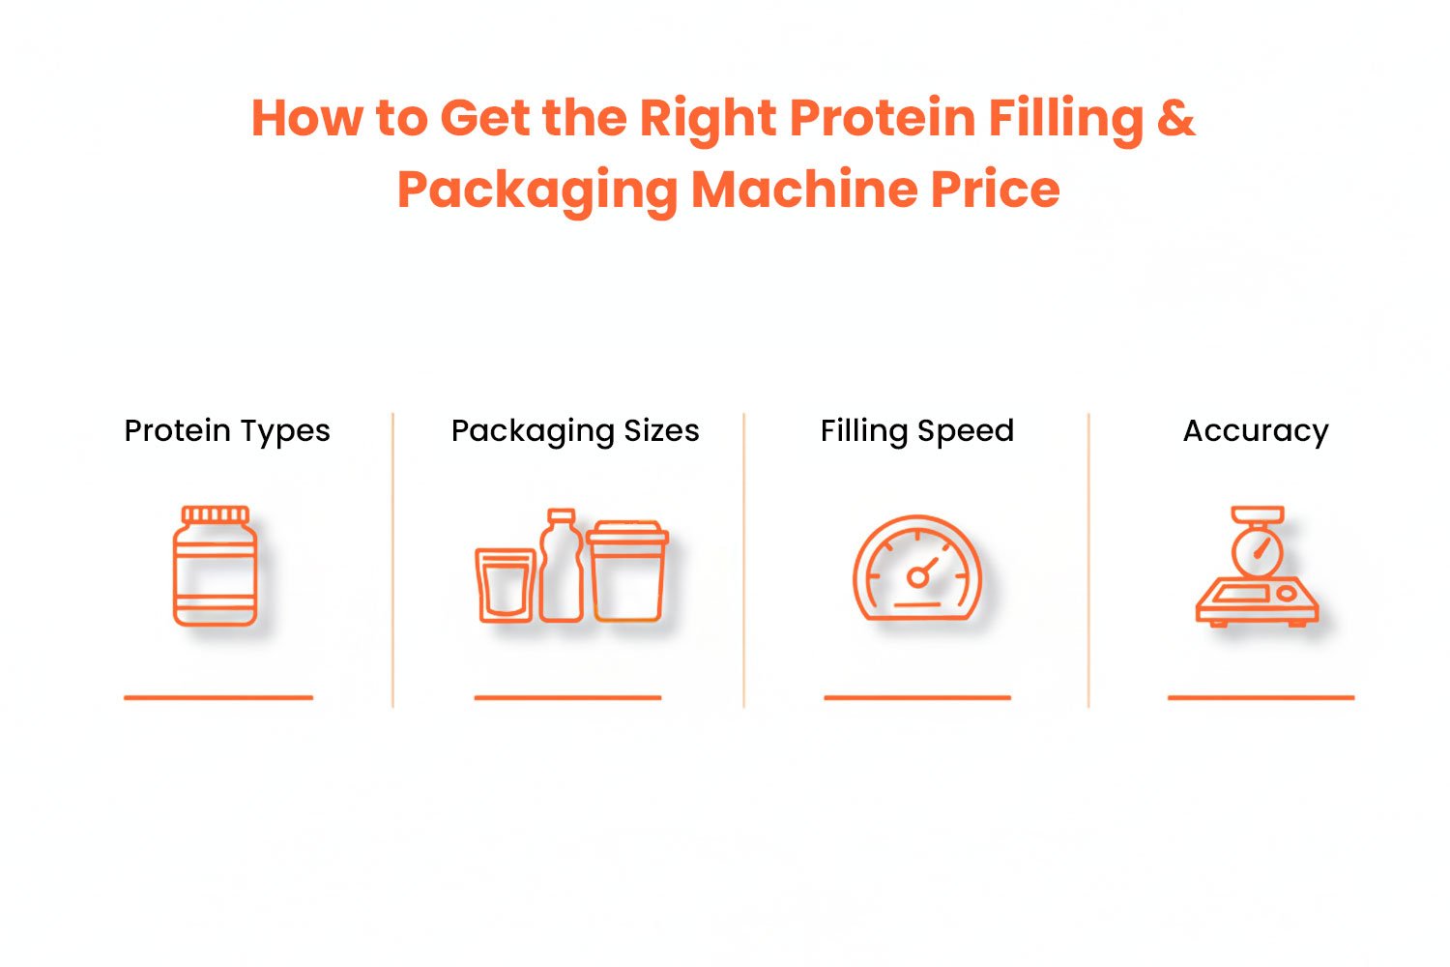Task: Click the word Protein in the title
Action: click(x=883, y=118)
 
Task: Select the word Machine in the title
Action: click(x=804, y=190)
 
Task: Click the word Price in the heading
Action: click(x=995, y=190)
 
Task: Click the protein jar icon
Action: click(x=215, y=566)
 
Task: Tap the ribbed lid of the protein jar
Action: click(x=215, y=514)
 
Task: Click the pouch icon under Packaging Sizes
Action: click(x=506, y=585)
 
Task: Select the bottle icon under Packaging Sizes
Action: click(x=562, y=566)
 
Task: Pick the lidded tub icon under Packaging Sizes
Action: click(x=627, y=571)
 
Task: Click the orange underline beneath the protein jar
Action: click(x=218, y=697)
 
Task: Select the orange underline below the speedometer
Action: click(x=917, y=697)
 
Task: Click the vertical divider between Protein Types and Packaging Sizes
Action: click(x=392, y=560)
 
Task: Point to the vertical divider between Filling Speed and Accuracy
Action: click(x=1088, y=560)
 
